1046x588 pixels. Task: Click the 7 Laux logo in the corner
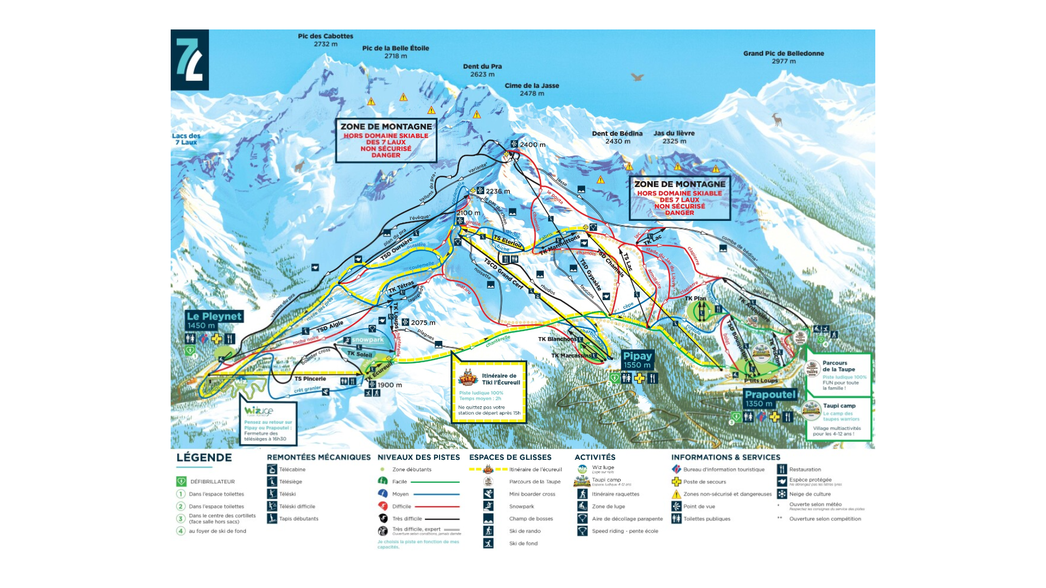[190, 59]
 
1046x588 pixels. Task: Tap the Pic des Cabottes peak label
[326, 40]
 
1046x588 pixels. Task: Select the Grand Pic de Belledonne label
[783, 57]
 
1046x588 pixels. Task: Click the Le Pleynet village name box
[214, 320]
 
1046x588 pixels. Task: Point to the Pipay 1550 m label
[637, 360]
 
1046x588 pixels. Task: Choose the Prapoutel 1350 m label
[770, 398]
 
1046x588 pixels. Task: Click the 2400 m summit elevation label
[532, 145]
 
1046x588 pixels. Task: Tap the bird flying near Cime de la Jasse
[638, 77]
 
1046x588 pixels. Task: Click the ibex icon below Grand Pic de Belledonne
[777, 119]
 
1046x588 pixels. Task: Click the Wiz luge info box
[268, 423]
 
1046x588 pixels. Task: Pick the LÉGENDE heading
[204, 458]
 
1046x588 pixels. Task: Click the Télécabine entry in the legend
[292, 470]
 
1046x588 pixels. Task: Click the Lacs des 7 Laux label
[186, 139]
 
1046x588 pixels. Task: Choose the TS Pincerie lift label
[310, 379]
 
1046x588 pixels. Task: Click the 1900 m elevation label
[389, 385]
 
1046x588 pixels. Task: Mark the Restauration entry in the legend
[804, 470]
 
